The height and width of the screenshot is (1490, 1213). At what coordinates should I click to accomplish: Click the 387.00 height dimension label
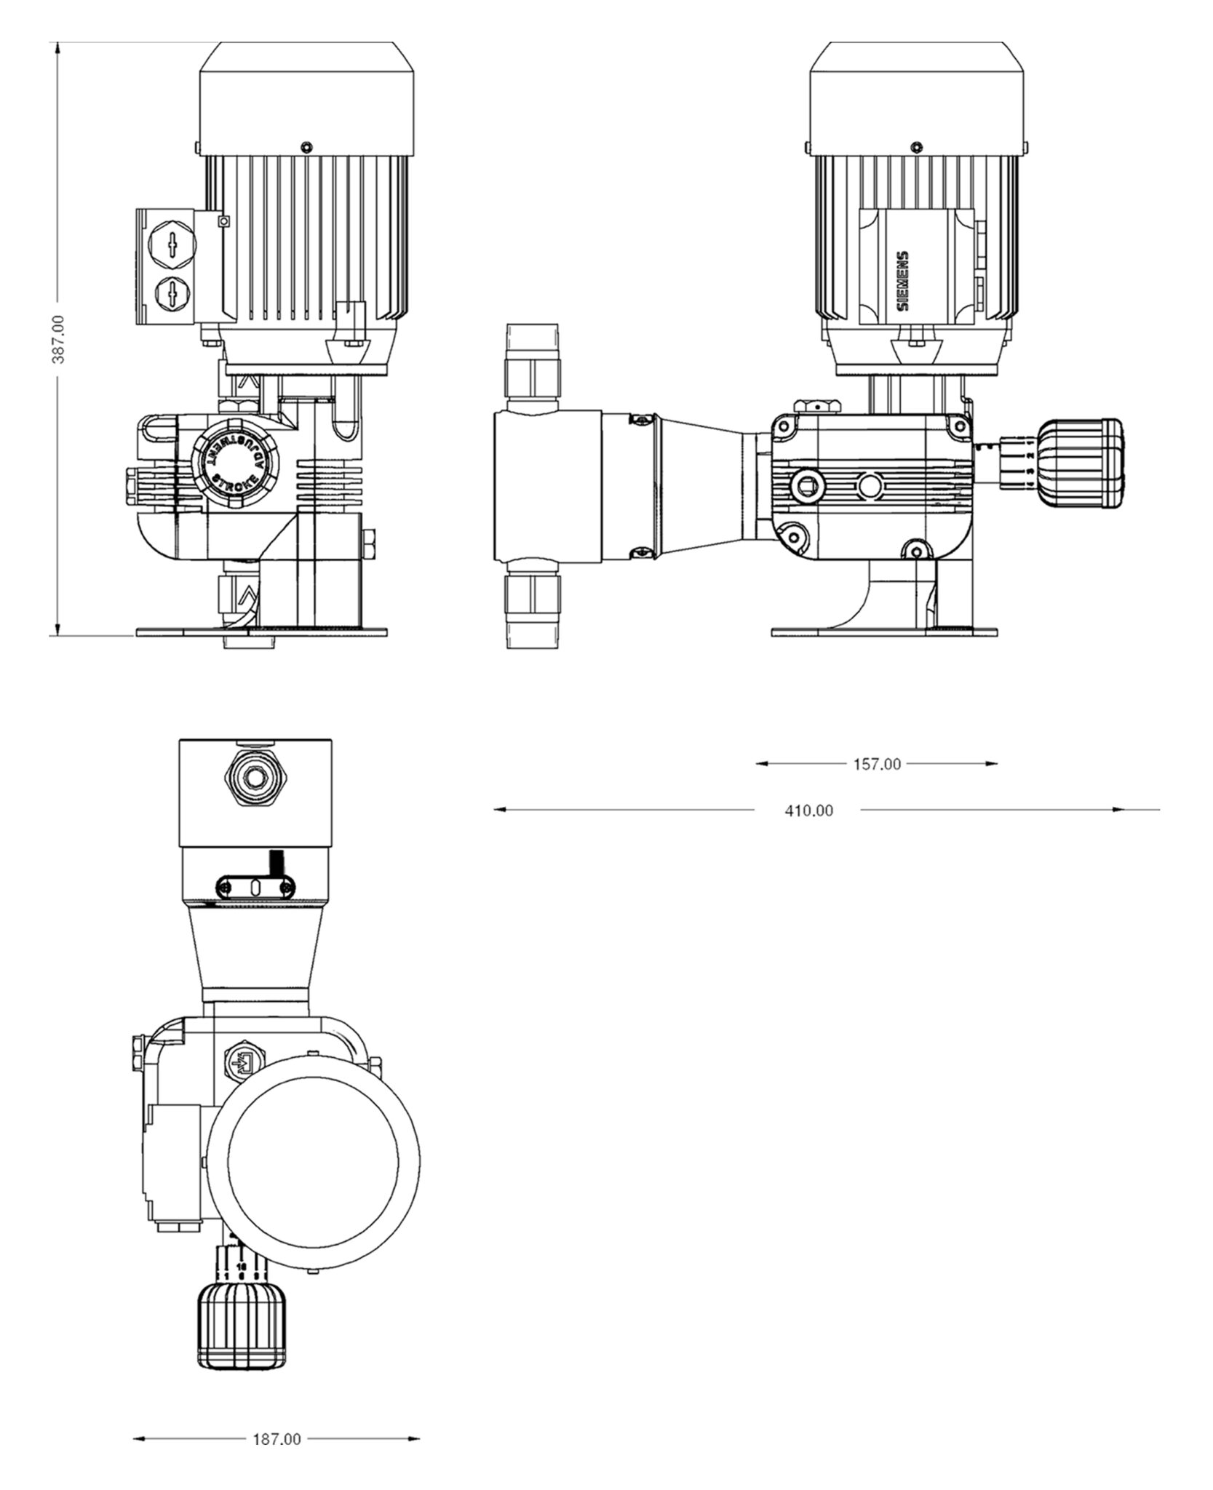point(59,339)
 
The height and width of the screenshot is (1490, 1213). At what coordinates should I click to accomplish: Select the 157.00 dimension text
point(876,764)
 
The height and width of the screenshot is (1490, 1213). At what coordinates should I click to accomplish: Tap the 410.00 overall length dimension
point(808,810)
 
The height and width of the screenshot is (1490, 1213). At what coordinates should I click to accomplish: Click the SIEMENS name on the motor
point(902,281)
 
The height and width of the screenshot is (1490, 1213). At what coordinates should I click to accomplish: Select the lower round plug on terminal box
point(172,295)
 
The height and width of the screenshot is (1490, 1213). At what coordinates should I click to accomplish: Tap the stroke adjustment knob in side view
point(1083,462)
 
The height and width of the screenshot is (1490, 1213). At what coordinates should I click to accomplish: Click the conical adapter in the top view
point(255,949)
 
